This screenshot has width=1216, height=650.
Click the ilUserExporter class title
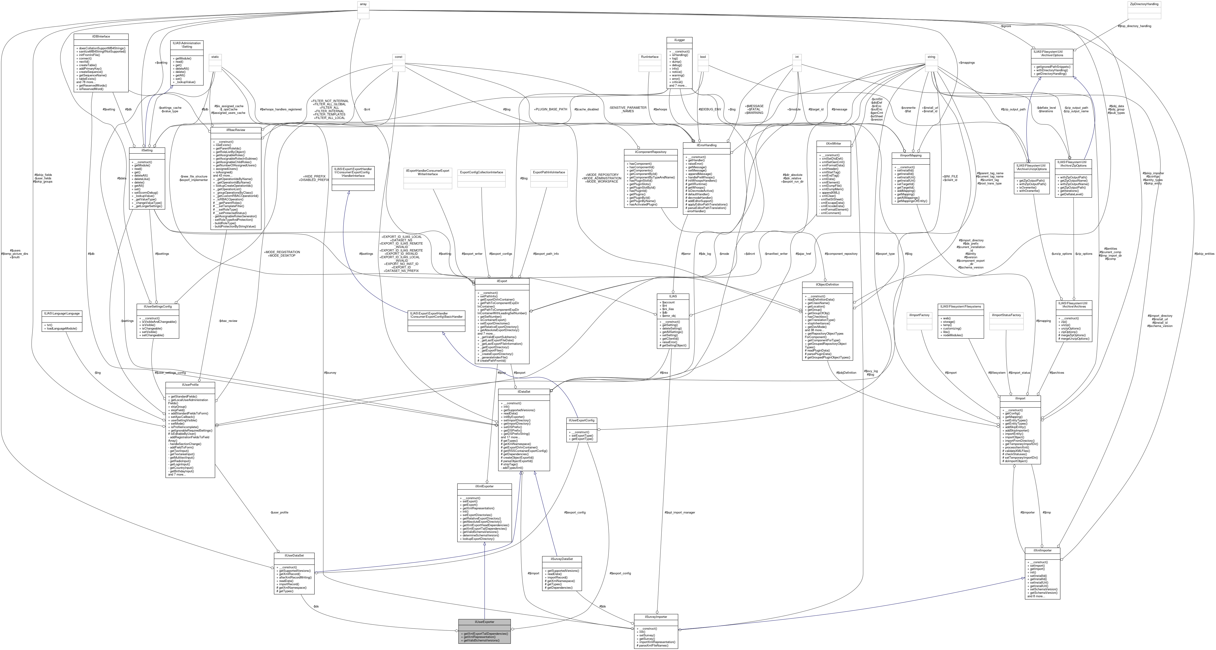[x=484, y=622]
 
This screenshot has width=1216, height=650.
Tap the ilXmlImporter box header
[x=1042, y=550]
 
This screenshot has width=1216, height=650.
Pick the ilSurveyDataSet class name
[x=562, y=559]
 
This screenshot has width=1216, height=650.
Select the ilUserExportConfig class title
[x=582, y=420]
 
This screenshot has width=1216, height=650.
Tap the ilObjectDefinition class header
[x=827, y=285]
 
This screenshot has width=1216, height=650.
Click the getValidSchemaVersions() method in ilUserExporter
[x=481, y=640]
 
